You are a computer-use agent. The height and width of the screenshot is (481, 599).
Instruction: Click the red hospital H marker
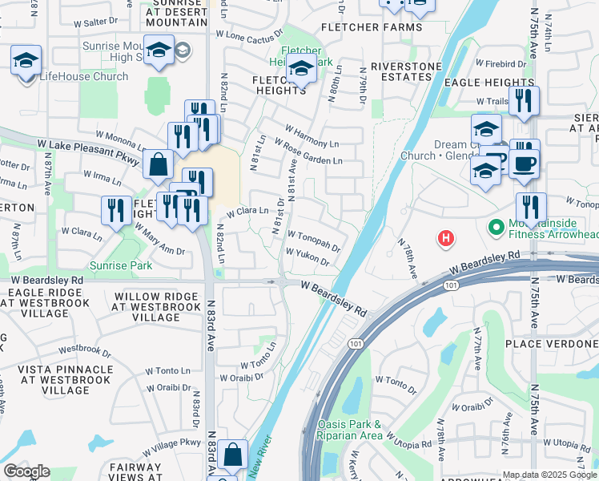pos(446,238)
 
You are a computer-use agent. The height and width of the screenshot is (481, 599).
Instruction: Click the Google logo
pos(26,471)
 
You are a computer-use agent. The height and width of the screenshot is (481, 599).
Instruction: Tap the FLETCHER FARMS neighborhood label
pos(371,27)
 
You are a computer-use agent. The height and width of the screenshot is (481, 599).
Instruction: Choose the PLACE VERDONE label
pos(551,343)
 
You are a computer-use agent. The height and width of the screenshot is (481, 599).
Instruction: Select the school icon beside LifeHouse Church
pos(26,60)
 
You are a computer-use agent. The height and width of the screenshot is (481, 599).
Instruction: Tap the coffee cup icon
pos(525,164)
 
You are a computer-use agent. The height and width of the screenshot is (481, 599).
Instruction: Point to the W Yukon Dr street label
pos(308,257)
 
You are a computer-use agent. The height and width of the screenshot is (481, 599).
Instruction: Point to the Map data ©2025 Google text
pos(549,475)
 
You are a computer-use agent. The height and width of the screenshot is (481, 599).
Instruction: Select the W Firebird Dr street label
pos(502,63)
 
